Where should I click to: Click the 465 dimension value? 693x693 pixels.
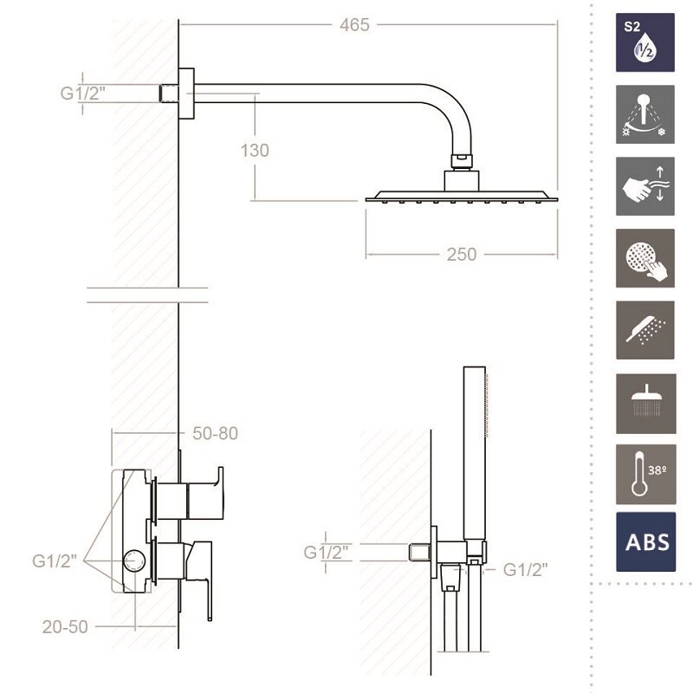pyautogui.click(x=354, y=25)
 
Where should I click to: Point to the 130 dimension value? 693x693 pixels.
pyautogui.click(x=255, y=150)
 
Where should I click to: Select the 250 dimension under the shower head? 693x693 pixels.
pyautogui.click(x=462, y=255)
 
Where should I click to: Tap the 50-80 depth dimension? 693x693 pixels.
pyautogui.click(x=215, y=433)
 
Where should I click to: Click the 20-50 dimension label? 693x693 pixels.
pyautogui.click(x=65, y=626)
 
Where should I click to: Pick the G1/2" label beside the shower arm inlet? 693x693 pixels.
pyautogui.click(x=83, y=94)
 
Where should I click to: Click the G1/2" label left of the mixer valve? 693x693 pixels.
pyautogui.click(x=55, y=560)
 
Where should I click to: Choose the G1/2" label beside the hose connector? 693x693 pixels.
pyautogui.click(x=526, y=570)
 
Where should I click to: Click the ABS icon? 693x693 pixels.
pyautogui.click(x=645, y=542)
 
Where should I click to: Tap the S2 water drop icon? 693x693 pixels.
pyautogui.click(x=645, y=42)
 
